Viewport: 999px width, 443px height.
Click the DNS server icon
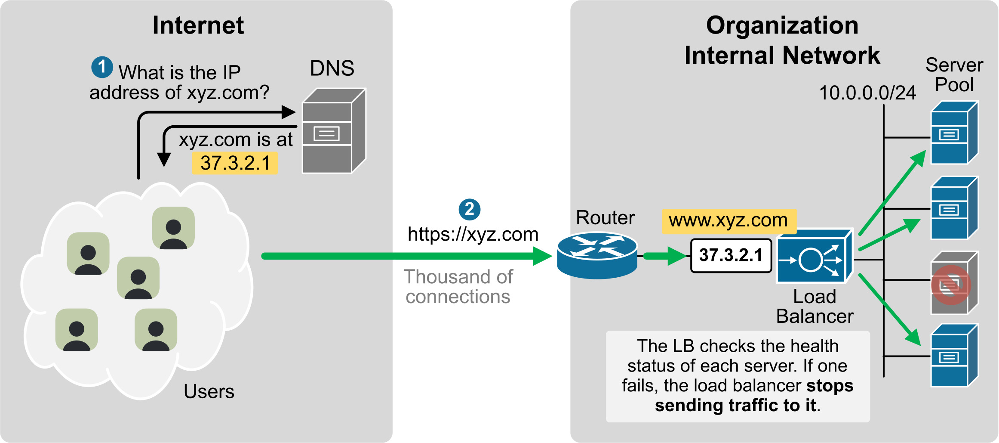[x=334, y=131]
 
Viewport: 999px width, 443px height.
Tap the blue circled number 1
[x=102, y=67]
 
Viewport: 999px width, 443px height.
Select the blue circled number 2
[x=469, y=209]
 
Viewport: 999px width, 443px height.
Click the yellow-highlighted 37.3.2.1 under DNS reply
[x=235, y=163]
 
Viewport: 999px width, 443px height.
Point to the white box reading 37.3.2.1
[x=731, y=255]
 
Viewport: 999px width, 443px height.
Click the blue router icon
[x=597, y=256]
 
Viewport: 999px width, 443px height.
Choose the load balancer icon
[x=814, y=257]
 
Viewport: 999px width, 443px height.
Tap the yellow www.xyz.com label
[x=729, y=221]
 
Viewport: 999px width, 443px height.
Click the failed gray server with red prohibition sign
[x=954, y=284]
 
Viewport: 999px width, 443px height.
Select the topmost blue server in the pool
[x=954, y=133]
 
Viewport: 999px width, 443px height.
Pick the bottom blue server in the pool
[x=954, y=356]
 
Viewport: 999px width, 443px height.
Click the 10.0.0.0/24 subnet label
[x=867, y=93]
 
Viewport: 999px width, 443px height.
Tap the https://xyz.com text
[x=473, y=235]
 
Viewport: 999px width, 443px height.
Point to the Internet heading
[x=198, y=25]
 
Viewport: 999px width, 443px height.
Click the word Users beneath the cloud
[x=209, y=392]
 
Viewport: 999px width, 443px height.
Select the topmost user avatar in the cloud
[x=173, y=228]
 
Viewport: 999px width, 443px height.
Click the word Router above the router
[x=605, y=218]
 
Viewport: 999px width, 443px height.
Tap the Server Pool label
[x=954, y=75]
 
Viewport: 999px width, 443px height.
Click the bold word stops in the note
[x=830, y=386]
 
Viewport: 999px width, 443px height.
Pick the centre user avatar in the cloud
[x=138, y=278]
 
